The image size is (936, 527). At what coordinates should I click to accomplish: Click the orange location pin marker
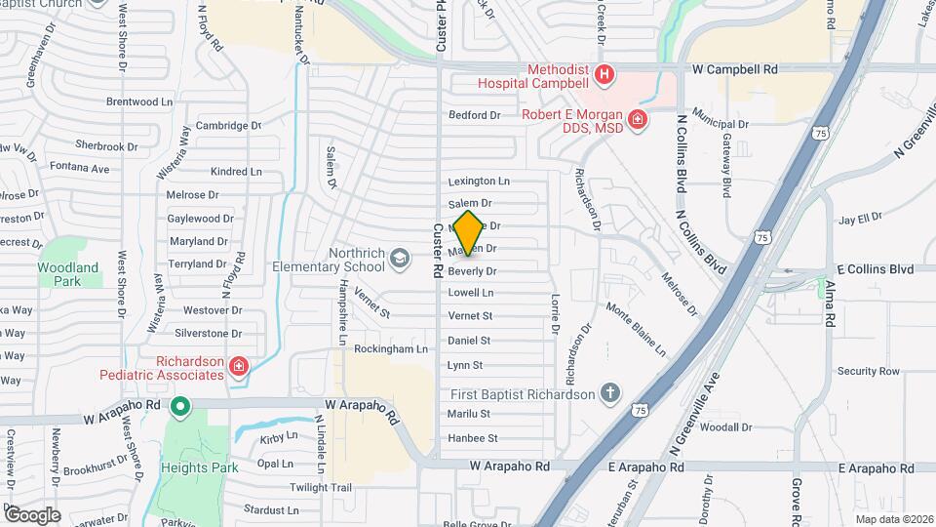coord(468,232)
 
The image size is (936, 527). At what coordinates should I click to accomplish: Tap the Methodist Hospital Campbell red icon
coord(604,73)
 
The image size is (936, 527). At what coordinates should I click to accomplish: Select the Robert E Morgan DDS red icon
coord(638,120)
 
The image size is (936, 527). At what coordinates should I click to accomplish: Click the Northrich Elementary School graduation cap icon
coord(398,258)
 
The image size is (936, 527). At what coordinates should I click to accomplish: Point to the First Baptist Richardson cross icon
coord(610,393)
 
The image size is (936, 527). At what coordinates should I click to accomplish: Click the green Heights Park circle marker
coord(179,406)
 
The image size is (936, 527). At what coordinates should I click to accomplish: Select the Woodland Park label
coord(68,273)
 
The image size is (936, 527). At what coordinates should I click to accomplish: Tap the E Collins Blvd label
coord(874,269)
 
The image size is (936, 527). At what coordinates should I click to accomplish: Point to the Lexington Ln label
coord(479,182)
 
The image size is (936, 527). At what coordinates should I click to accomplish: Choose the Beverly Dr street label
coord(472,271)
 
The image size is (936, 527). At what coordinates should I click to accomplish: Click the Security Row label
coord(868,371)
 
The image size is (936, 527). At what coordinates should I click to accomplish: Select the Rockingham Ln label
coord(391,348)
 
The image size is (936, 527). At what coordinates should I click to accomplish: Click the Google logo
coord(31,514)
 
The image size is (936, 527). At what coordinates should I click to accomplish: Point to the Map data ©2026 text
coord(893,519)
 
